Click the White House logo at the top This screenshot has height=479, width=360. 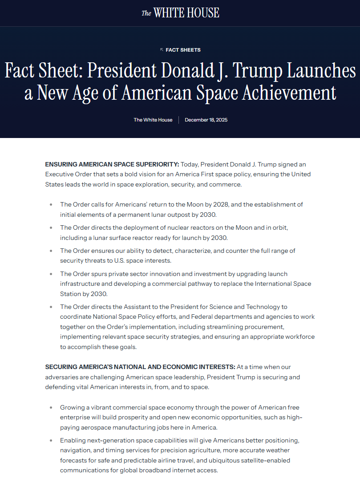pyautogui.click(x=180, y=13)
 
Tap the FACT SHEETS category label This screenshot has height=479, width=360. pyautogui.click(x=183, y=50)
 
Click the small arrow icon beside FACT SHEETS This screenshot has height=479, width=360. pyautogui.click(x=162, y=50)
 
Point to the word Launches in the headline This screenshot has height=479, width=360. pyautogui.click(x=318, y=71)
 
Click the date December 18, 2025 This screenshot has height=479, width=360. pyautogui.click(x=206, y=120)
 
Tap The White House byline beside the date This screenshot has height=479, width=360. pyautogui.click(x=153, y=120)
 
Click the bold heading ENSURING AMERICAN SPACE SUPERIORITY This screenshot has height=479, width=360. pyautogui.click(x=112, y=165)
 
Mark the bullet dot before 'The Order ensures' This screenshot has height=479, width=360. pyautogui.click(x=51, y=251)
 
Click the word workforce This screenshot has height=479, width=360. pyautogui.click(x=298, y=337)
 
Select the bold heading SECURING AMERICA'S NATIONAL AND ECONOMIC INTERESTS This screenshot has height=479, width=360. pyautogui.click(x=140, y=367)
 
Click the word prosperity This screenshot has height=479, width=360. pyautogui.click(x=126, y=418)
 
